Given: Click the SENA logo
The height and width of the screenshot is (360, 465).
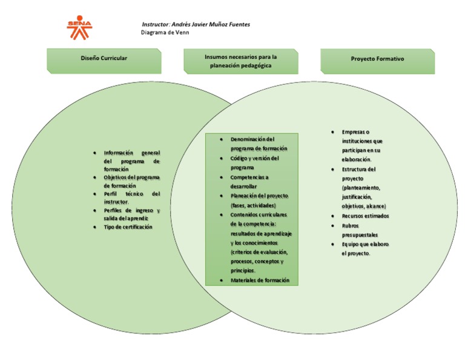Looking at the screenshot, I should [80, 26].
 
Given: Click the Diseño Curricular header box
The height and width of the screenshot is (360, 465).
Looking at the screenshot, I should [104, 59].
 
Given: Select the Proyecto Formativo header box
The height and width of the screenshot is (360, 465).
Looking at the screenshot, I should [377, 59].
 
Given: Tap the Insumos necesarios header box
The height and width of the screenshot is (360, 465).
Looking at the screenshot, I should [240, 61].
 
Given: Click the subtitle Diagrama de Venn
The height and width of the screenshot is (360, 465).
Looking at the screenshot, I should [165, 33].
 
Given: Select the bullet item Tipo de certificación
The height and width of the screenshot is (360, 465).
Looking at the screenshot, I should [128, 227].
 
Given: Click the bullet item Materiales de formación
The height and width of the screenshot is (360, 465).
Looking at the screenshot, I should [260, 280].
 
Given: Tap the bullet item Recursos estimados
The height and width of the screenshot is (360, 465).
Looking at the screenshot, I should [365, 216].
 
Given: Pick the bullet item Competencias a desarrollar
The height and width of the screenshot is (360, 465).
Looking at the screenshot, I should [249, 181].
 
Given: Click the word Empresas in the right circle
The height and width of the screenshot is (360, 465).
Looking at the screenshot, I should [355, 132].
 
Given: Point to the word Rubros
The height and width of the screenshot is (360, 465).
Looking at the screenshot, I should [351, 225].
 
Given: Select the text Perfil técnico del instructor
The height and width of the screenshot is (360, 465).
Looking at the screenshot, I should [131, 198].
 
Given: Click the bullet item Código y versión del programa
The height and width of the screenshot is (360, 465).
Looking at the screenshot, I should [254, 162].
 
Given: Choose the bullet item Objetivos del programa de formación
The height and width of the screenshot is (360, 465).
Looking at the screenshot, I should [131, 181].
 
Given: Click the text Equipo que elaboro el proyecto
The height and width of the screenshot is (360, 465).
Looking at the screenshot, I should [365, 248].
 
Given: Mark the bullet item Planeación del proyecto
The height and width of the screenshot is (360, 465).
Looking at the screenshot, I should [259, 201].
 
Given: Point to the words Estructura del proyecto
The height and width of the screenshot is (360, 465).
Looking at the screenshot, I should [358, 174].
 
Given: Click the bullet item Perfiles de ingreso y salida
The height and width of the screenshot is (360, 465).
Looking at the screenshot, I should [131, 214].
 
